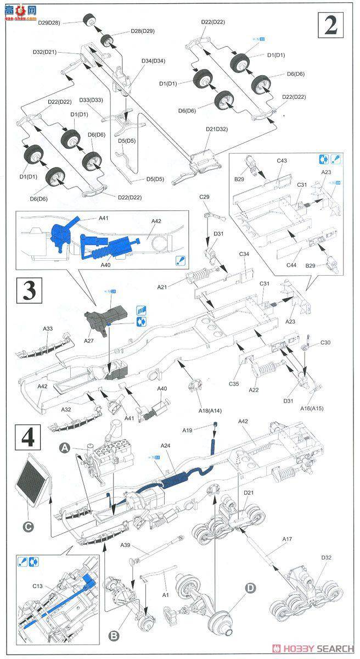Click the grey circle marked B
[114, 636]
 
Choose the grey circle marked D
[250, 588]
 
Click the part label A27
[89, 340]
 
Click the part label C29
[205, 196]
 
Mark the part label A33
[48, 328]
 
